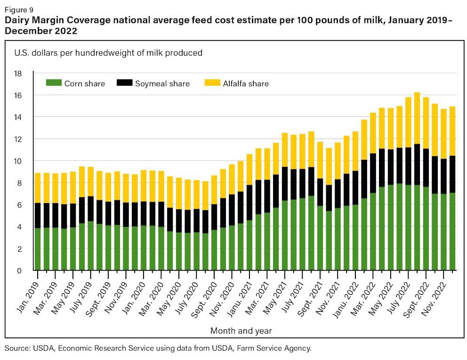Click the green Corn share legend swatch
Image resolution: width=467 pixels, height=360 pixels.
(53, 83)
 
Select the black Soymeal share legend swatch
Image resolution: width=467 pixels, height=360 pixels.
(124, 83)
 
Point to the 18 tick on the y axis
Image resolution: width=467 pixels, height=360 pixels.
(18, 74)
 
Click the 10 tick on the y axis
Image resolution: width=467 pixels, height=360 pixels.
(18, 161)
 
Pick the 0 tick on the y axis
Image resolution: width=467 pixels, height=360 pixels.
(20, 270)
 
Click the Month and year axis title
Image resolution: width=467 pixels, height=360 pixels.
(241, 331)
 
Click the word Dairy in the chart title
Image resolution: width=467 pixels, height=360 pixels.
(18, 20)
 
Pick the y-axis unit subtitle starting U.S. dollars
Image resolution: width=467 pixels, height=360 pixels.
(108, 53)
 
